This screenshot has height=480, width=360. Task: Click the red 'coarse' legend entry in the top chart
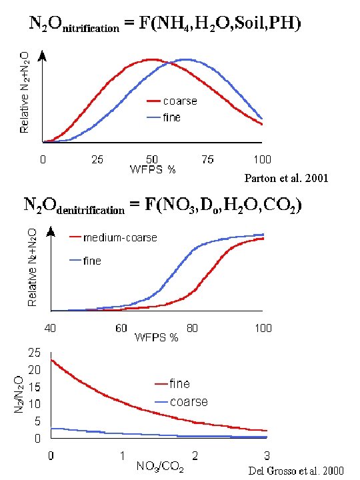pos(171,102)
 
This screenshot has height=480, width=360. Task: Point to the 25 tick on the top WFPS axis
pos(97,159)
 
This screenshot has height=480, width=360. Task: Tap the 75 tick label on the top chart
pos(207,159)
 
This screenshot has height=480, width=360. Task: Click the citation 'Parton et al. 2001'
pos(287,179)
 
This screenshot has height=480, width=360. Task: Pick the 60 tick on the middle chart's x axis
pos(121,328)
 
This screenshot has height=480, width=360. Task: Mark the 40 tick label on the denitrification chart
pos(51,328)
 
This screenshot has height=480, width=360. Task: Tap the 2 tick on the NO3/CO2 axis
pos(195,456)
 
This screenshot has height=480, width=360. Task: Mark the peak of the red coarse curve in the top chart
pos(152,59)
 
